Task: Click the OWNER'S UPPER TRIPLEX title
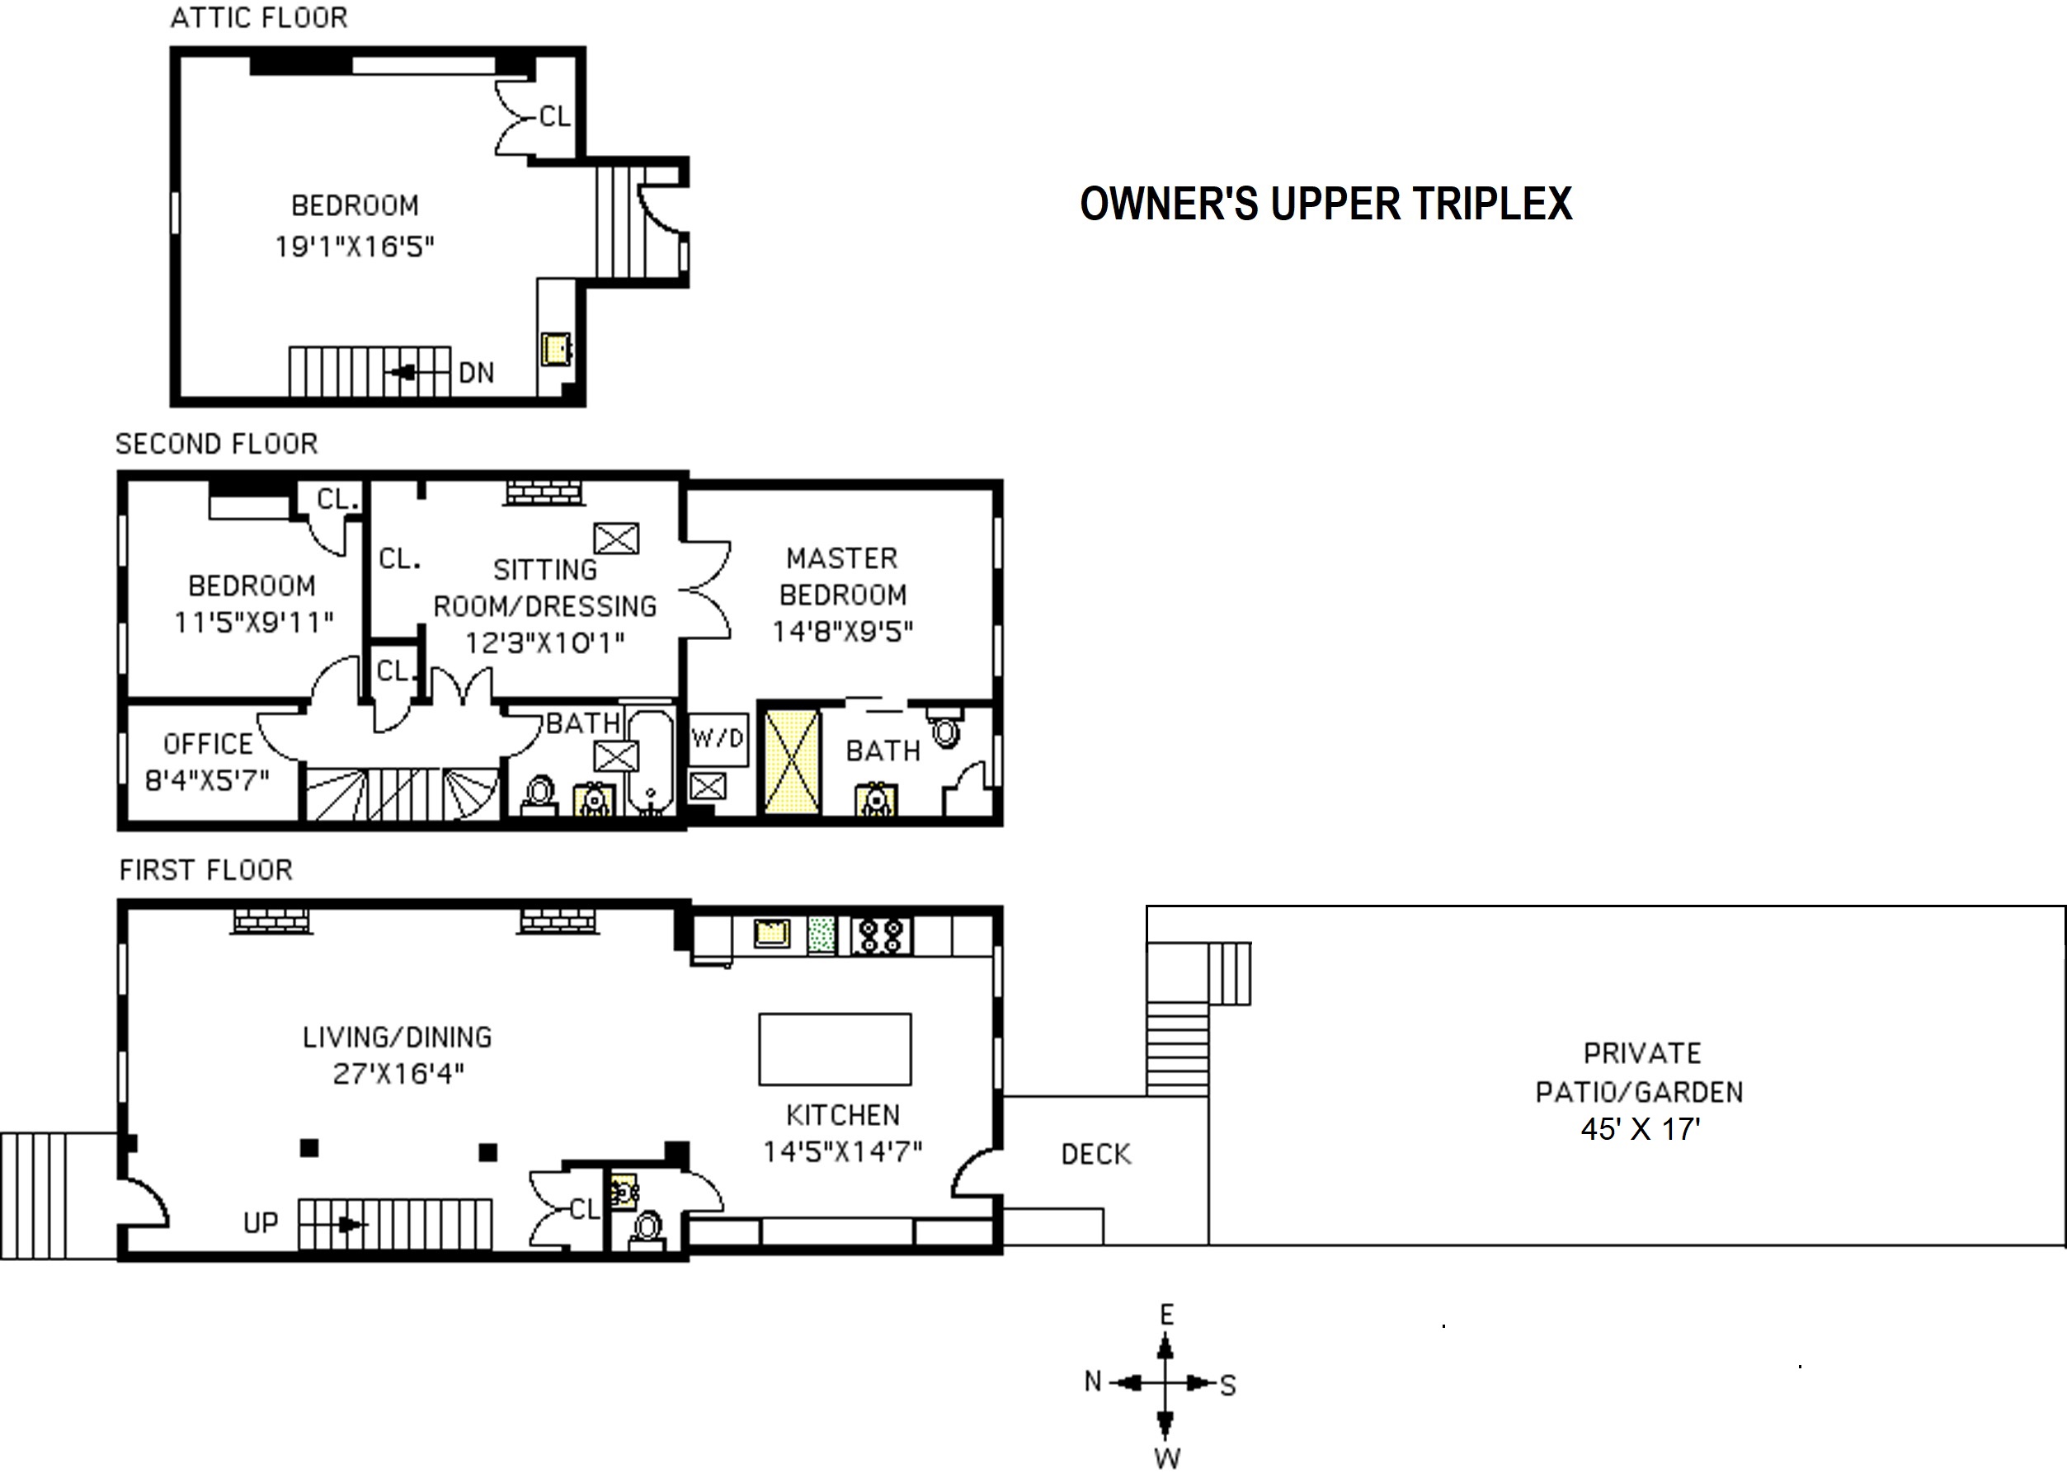1325,204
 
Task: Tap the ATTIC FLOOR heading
259,18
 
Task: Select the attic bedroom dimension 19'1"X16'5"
355,247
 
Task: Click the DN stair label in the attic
476,372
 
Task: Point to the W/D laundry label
718,737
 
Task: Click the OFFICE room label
208,745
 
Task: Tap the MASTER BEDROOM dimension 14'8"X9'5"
843,632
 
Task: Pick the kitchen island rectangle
835,1049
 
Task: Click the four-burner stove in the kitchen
881,934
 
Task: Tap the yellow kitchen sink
772,933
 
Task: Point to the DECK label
1096,1155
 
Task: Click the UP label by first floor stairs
261,1223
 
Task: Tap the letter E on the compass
1167,1314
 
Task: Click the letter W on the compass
1167,1459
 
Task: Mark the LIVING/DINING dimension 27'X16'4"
398,1074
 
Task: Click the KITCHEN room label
843,1115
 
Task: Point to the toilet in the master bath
947,729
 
